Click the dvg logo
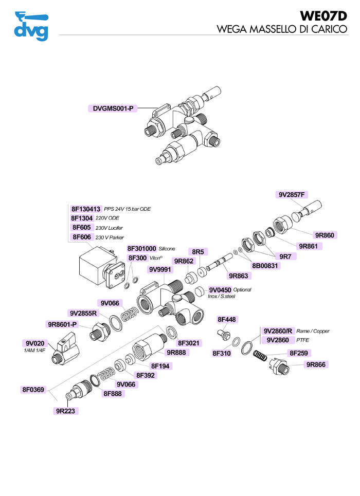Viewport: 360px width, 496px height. click(x=31, y=26)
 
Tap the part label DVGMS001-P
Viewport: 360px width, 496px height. click(x=113, y=108)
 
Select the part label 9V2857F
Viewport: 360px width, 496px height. click(x=292, y=195)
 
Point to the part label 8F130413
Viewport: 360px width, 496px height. click(x=86, y=209)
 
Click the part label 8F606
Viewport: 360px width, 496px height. click(x=82, y=237)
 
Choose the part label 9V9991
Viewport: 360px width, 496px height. click(x=160, y=269)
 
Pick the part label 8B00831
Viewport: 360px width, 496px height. click(x=265, y=266)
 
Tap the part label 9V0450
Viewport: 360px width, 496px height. click(x=220, y=290)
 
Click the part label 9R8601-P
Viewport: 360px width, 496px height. click(x=62, y=324)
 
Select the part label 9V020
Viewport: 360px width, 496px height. click(x=35, y=343)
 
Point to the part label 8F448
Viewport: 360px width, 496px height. click(x=227, y=320)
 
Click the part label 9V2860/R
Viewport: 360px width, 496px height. click(x=279, y=331)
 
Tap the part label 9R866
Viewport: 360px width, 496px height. click(x=317, y=364)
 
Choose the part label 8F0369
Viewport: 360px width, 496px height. click(x=35, y=390)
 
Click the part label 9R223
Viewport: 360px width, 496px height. click(x=67, y=411)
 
